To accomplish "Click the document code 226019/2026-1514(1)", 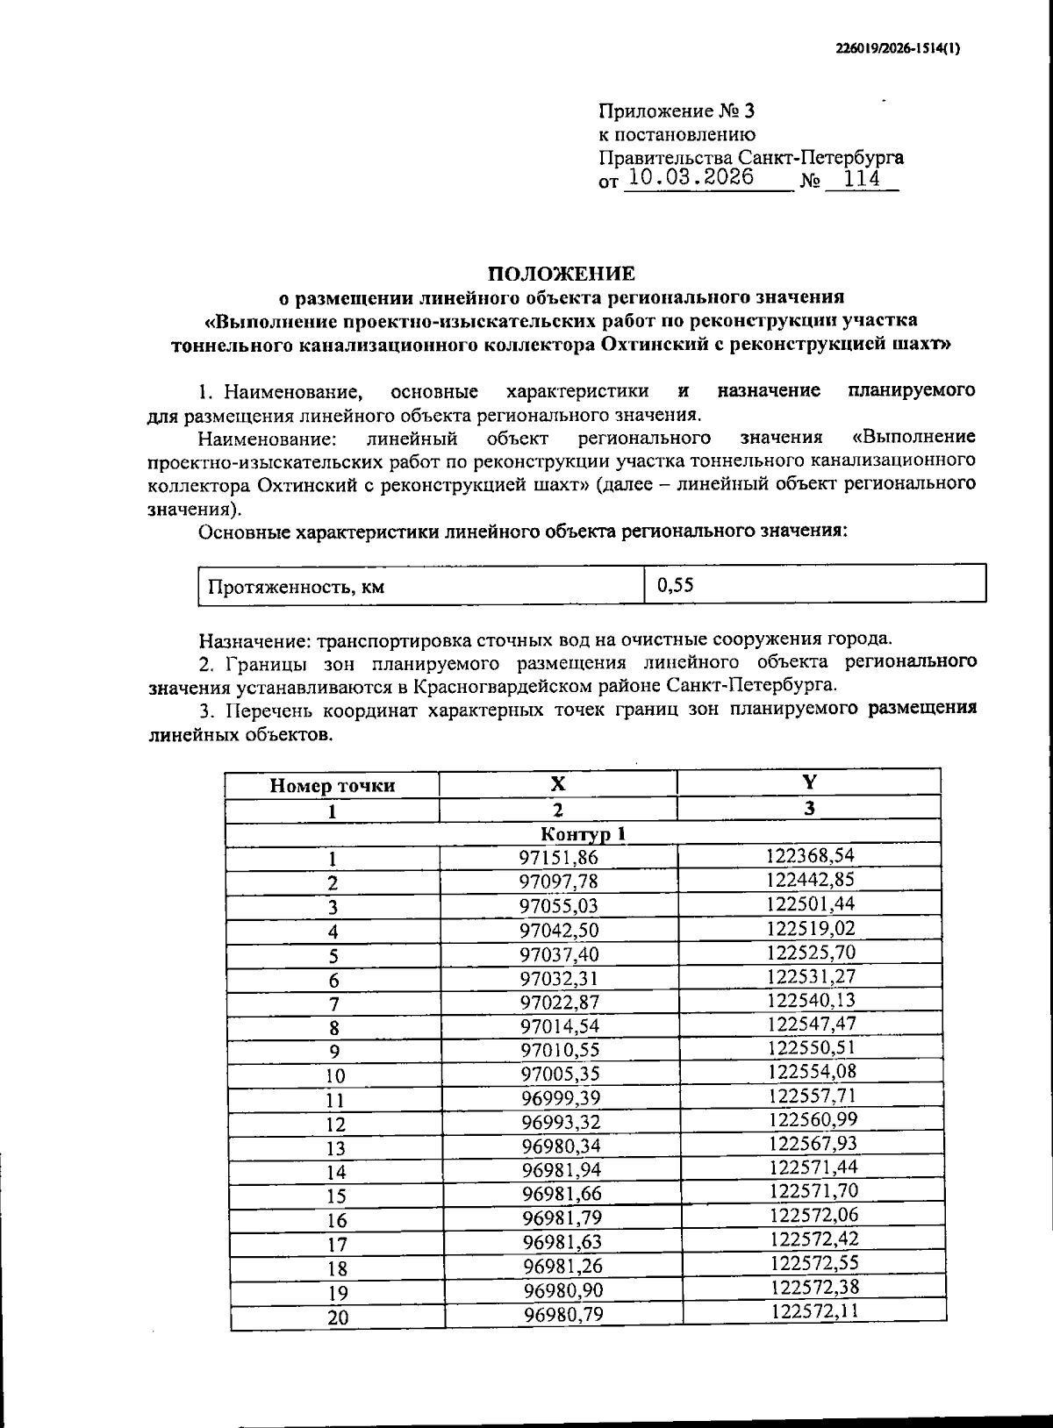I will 899,50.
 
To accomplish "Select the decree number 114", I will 861,179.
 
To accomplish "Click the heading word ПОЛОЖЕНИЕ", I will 561,274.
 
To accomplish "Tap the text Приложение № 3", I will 676,111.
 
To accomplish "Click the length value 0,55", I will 676,585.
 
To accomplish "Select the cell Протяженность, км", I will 296,587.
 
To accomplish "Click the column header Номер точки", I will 332,786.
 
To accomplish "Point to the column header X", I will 558,783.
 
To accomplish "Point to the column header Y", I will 809,782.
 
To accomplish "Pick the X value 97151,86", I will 558,858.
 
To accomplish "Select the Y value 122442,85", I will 810,880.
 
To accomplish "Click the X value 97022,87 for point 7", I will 558,1002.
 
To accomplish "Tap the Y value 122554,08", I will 812,1071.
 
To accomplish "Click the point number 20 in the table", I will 337,1317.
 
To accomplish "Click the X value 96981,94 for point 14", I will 560,1170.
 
